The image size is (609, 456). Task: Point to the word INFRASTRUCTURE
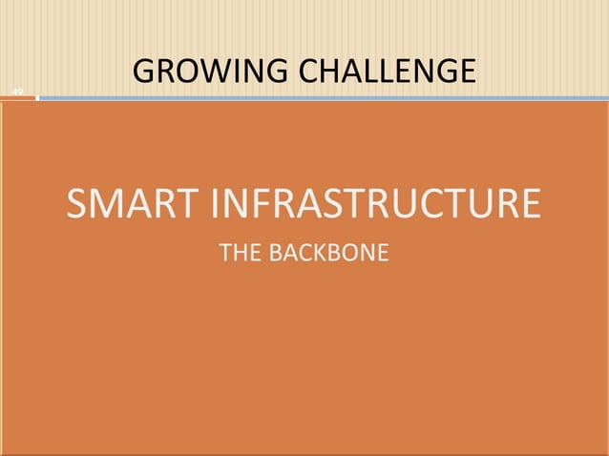[372, 204]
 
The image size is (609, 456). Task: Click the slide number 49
[16, 92]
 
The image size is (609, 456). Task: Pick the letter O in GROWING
[189, 72]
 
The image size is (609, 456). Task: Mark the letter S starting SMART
[77, 204]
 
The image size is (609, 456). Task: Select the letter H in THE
[240, 255]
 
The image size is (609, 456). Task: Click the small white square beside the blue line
[37, 97]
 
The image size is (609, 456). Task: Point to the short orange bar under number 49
[17, 98]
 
